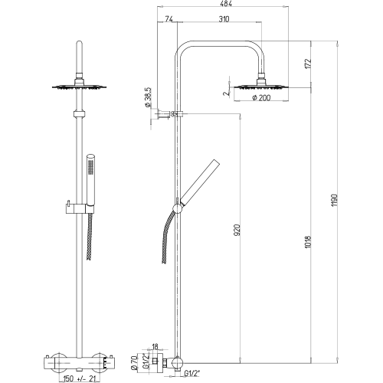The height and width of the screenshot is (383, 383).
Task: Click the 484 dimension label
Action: (225, 4)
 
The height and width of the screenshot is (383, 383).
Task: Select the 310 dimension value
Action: (224, 19)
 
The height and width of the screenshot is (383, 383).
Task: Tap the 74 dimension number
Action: (169, 19)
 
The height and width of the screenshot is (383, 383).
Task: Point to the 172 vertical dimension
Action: (308, 64)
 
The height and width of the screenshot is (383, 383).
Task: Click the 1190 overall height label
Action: (335, 201)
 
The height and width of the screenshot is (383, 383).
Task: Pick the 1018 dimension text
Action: (308, 242)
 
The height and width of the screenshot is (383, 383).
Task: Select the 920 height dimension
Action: (237, 230)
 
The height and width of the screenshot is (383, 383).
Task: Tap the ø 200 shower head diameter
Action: (261, 97)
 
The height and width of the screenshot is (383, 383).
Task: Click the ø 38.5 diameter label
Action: (148, 97)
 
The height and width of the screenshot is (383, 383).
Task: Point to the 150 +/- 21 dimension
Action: (77, 378)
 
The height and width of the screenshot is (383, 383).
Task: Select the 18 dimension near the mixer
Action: (155, 346)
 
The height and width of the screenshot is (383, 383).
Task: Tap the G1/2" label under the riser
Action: (193, 374)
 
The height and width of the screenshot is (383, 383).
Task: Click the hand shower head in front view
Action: (90, 180)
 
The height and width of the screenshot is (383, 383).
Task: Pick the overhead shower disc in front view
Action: (79, 87)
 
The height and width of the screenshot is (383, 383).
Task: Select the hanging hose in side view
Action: (167, 237)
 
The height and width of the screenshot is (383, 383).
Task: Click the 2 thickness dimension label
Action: (225, 93)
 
